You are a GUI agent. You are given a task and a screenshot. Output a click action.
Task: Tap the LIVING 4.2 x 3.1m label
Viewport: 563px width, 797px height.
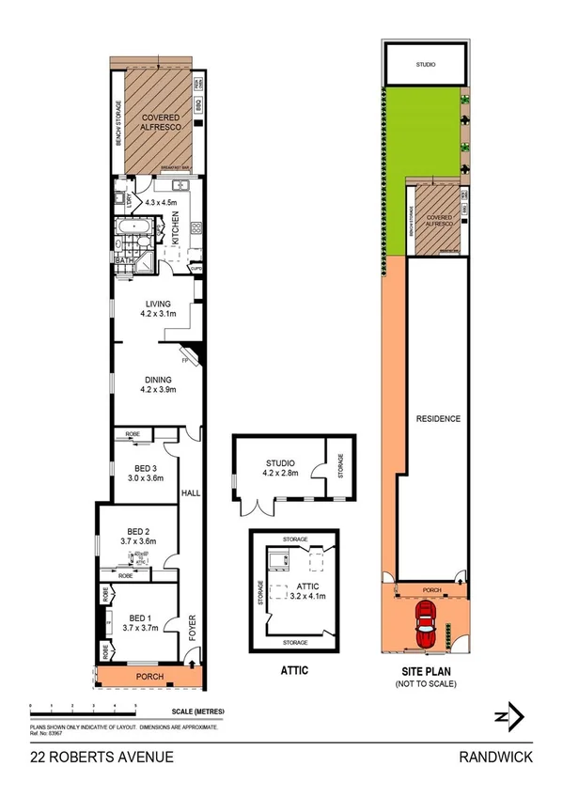point(157,308)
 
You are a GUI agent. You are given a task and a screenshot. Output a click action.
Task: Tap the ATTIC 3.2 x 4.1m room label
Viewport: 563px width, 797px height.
point(299,590)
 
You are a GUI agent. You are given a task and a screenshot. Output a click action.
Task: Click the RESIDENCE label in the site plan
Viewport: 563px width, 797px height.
point(438,418)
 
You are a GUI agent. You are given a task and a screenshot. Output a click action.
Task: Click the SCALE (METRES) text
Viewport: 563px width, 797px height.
point(197,711)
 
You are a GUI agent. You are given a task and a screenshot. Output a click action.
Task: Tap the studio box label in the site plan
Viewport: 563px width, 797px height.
point(426,65)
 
